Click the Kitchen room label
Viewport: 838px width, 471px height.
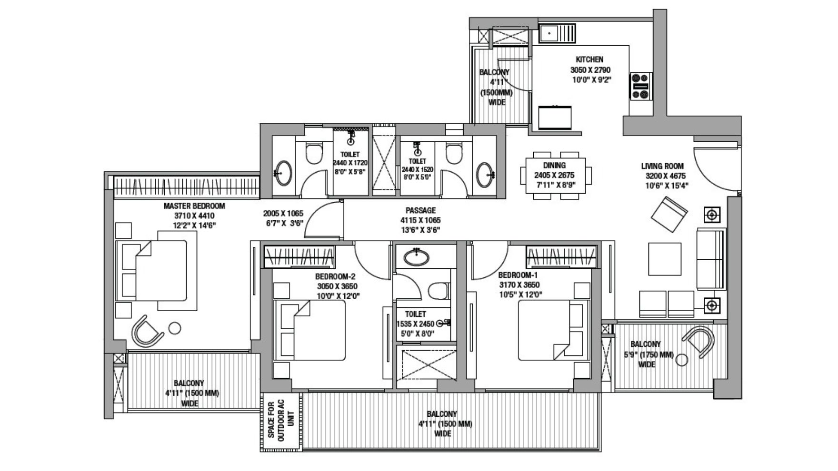(589, 59)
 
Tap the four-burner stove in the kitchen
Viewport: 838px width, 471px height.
(641, 86)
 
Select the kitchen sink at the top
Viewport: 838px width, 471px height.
(558, 33)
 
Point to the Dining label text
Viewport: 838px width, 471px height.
(554, 166)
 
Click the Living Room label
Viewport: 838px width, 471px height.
(662, 166)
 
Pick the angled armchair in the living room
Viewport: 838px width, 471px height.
(669, 215)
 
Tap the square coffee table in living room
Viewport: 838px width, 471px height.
(665, 259)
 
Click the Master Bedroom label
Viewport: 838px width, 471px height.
(194, 206)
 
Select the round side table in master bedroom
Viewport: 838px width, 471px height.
(175, 328)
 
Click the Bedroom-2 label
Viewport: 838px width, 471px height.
(335, 276)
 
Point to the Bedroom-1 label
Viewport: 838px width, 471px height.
(518, 275)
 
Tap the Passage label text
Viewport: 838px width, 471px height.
(420, 210)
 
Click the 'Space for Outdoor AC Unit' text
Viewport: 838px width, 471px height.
(281, 420)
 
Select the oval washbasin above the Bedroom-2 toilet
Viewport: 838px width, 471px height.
(416, 257)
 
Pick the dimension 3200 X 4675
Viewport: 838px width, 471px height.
(666, 176)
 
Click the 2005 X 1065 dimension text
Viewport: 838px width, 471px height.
(283, 214)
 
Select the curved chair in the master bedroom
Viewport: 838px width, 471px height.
(148, 330)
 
